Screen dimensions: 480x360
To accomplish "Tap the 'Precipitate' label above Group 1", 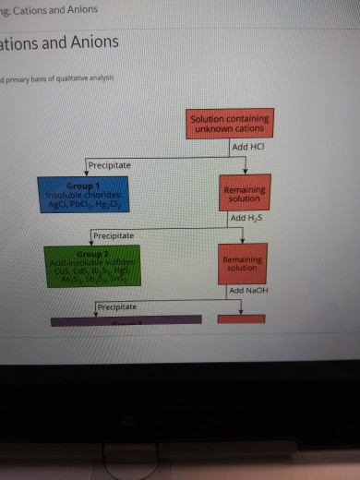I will click(x=109, y=165).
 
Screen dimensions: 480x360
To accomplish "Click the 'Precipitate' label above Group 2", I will click(x=113, y=235).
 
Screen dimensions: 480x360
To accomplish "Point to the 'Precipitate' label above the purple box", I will click(x=116, y=306).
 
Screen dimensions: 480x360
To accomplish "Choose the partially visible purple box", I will click(x=126, y=319).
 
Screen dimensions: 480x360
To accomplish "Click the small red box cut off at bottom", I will click(x=241, y=319).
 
